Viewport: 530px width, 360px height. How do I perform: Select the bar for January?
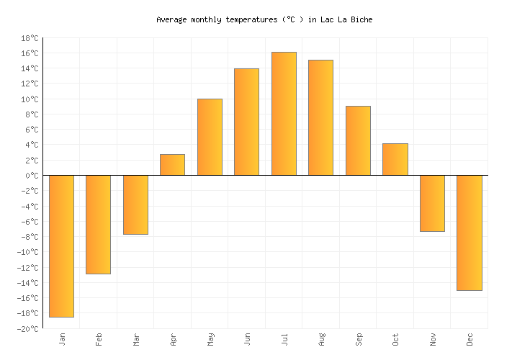[x=61, y=246]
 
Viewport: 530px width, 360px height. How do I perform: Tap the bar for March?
[x=135, y=204]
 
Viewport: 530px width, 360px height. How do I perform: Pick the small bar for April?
[x=172, y=165]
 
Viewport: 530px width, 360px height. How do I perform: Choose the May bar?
[x=210, y=137]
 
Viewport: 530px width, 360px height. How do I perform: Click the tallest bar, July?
[x=284, y=114]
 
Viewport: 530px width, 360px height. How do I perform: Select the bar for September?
[x=358, y=140]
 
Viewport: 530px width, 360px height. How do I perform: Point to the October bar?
[x=395, y=159]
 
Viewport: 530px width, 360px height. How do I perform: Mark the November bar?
[x=432, y=203]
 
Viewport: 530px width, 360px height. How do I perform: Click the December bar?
[x=469, y=233]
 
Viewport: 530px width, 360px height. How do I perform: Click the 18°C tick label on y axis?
[x=30, y=38]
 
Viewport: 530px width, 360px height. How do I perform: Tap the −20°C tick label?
[x=27, y=329]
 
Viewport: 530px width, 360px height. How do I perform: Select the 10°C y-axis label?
[x=30, y=99]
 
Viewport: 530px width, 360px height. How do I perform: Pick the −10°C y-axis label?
[x=27, y=253]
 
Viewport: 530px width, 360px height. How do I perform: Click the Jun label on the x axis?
[x=247, y=339]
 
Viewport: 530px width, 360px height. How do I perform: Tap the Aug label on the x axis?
[x=321, y=339]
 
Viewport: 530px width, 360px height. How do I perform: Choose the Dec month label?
[x=470, y=339]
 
